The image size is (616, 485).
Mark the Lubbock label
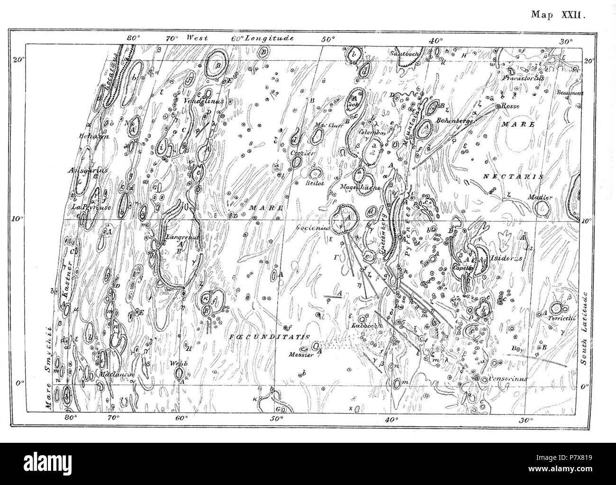pyautogui.click(x=363, y=326)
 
